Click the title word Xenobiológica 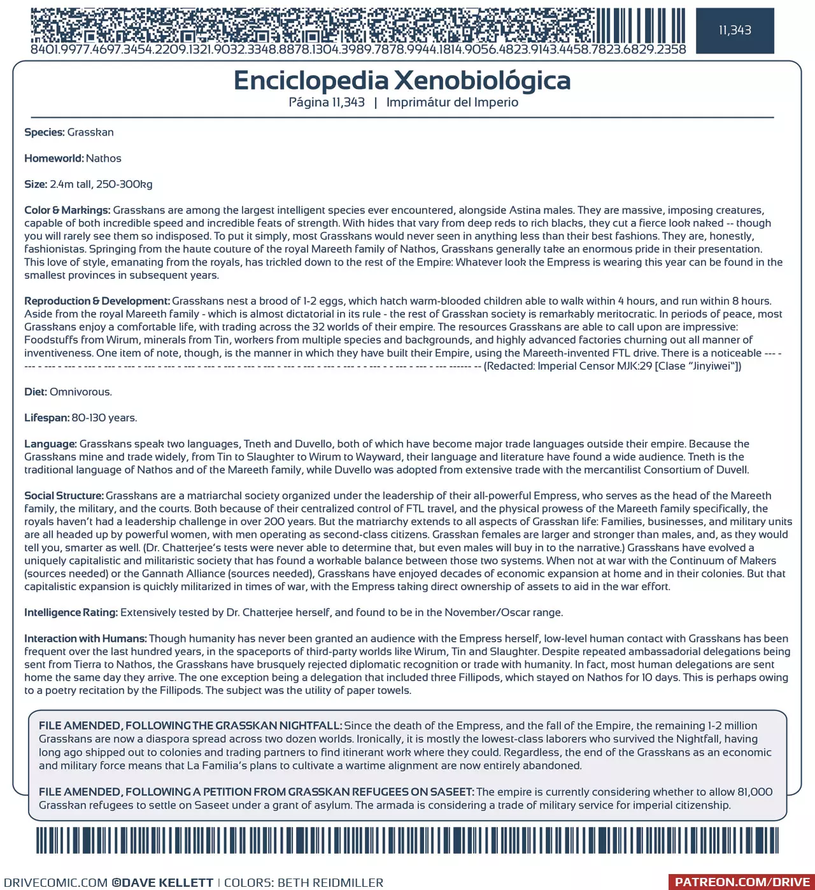tap(482, 81)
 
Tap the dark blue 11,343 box tap(735, 31)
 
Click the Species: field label tap(45, 132)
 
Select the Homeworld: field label tap(53, 159)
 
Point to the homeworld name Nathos tap(104, 159)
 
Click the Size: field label tap(36, 185)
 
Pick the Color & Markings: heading tap(67, 210)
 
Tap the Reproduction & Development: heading tap(97, 301)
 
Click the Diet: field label tap(36, 392)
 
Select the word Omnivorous tap(81, 392)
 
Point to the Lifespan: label tap(46, 418)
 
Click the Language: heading tap(50, 444)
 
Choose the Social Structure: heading tap(64, 496)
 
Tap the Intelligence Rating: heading tap(71, 612)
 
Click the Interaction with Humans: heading tap(85, 639)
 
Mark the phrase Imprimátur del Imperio tap(452, 102)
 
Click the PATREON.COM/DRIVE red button tap(742, 882)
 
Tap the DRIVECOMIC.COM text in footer tap(56, 883)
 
